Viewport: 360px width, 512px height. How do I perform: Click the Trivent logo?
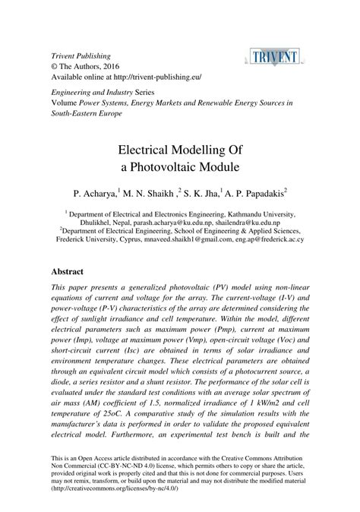tap(278, 55)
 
